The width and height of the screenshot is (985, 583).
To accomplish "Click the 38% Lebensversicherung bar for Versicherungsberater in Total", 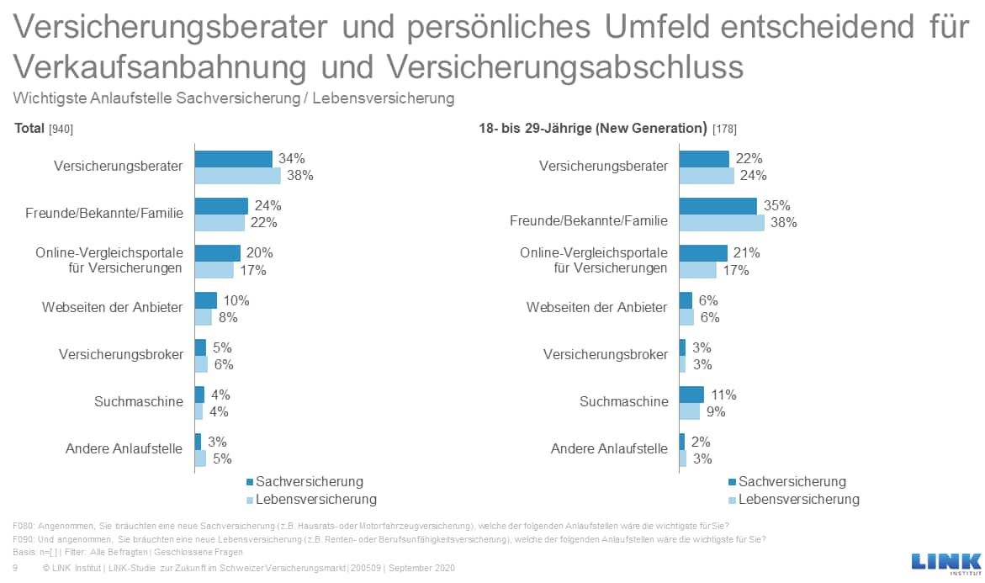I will pyautogui.click(x=237, y=176).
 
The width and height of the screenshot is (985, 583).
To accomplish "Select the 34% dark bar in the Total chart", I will pyautogui.click(x=233, y=159).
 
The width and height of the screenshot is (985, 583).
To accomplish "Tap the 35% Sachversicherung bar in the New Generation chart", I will pyautogui.click(x=718, y=206).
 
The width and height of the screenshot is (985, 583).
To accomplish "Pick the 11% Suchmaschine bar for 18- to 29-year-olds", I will pyautogui.click(x=691, y=395).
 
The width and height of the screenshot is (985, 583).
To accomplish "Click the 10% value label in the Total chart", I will pyautogui.click(x=236, y=300).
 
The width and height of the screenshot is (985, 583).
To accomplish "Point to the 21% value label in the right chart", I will pyautogui.click(x=746, y=253).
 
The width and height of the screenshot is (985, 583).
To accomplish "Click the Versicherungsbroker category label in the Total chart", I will pyautogui.click(x=121, y=354).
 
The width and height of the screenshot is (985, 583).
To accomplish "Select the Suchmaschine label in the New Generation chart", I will pyautogui.click(x=623, y=401).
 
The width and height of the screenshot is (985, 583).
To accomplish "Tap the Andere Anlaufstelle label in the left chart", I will pyautogui.click(x=124, y=448).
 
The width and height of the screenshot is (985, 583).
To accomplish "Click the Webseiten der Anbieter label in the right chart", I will pyautogui.click(x=596, y=307).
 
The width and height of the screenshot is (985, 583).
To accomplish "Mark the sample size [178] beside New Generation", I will pyautogui.click(x=724, y=130).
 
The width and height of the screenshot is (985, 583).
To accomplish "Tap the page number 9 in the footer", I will pyautogui.click(x=16, y=569).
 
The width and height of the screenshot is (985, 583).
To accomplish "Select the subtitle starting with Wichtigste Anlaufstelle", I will pyautogui.click(x=234, y=98).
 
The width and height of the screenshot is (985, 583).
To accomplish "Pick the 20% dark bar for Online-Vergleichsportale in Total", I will pyautogui.click(x=217, y=253).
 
